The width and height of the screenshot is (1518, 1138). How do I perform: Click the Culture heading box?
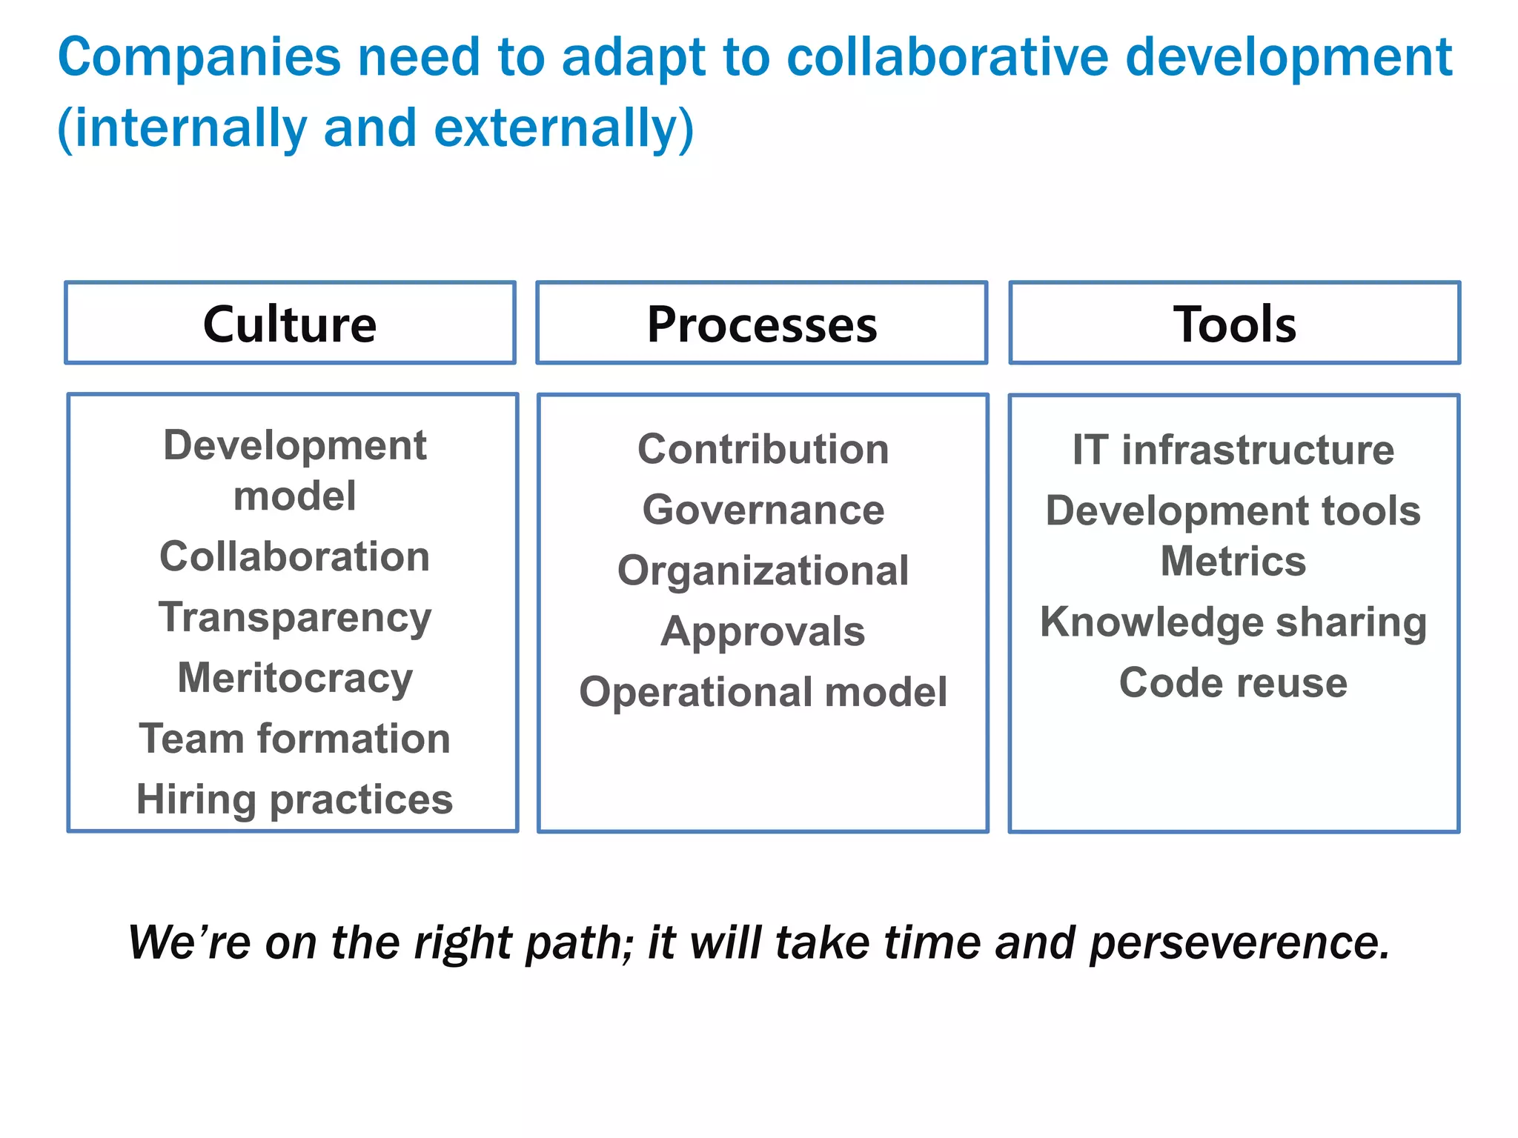[290, 324]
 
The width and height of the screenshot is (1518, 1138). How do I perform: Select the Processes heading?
[762, 324]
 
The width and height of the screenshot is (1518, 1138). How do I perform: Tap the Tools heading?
[1234, 324]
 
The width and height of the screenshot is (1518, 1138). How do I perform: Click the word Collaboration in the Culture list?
[294, 556]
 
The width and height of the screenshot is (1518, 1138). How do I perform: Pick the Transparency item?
[294, 618]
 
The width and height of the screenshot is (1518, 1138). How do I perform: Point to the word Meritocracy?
[294, 678]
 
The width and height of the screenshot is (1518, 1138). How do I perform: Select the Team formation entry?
[294, 739]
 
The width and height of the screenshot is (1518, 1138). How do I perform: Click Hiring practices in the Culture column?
[294, 799]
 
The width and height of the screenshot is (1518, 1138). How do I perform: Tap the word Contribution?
[763, 449]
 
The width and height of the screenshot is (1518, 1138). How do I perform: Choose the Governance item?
[763, 510]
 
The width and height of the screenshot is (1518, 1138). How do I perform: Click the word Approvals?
[763, 632]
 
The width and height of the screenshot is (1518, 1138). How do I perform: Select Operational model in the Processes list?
[763, 692]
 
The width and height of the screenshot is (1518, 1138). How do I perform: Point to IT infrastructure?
[1233, 450]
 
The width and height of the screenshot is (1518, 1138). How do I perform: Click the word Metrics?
[1233, 561]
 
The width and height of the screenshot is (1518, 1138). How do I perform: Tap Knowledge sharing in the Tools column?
[1233, 622]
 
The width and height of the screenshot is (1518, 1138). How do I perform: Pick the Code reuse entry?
[1233, 682]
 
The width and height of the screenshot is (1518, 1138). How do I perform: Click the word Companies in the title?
[199, 58]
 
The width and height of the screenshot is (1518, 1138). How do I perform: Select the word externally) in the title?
[563, 129]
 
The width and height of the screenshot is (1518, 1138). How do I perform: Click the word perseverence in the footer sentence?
[1239, 943]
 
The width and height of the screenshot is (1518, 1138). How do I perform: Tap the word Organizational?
[763, 570]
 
